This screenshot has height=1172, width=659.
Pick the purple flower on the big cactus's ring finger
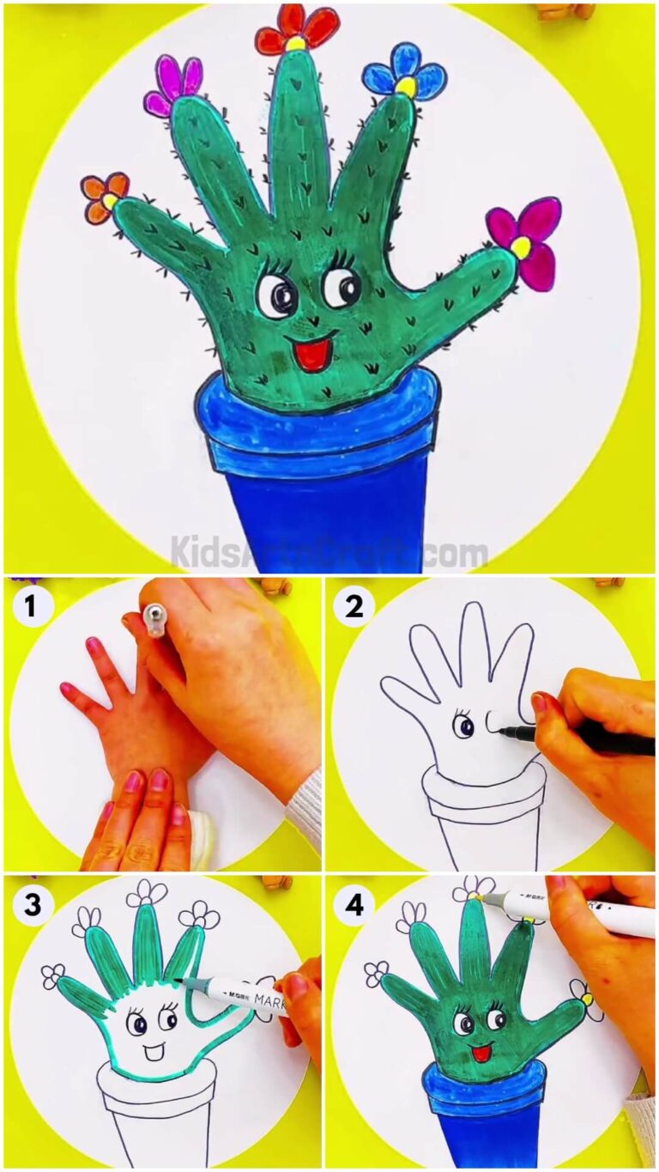click(174, 87)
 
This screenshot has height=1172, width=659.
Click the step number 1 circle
click(31, 608)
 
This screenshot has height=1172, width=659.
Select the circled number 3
click(31, 903)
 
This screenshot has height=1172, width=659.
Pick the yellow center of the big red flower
click(295, 43)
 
